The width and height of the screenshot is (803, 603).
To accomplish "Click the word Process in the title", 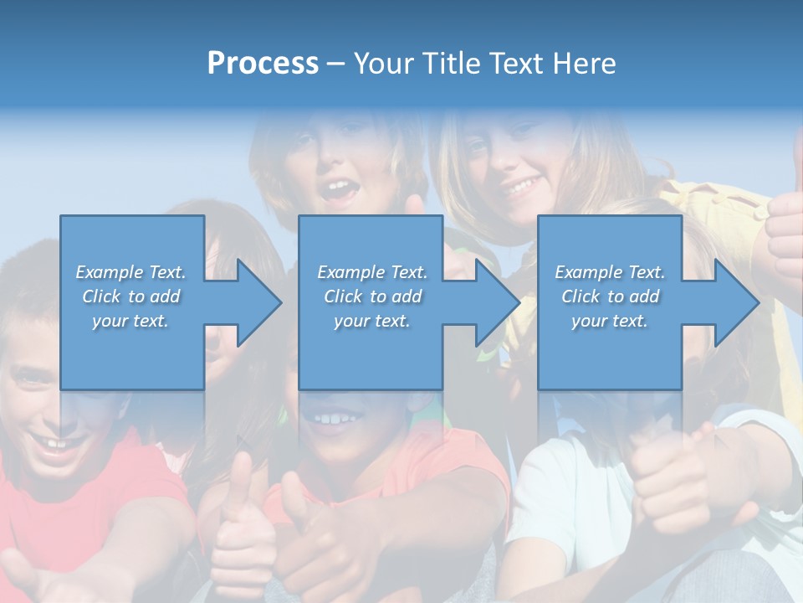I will pyautogui.click(x=263, y=64).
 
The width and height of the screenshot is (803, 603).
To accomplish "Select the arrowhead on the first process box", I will pyautogui.click(x=255, y=302).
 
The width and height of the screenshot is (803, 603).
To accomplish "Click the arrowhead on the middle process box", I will pyautogui.click(x=494, y=302).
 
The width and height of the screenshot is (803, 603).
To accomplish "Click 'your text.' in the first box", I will pyautogui.click(x=130, y=321).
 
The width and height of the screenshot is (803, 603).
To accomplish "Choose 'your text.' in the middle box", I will pyautogui.click(x=371, y=321).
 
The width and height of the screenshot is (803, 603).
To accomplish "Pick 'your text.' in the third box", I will pyautogui.click(x=610, y=321).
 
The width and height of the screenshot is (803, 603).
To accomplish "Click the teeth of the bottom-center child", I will pyautogui.click(x=335, y=416).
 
